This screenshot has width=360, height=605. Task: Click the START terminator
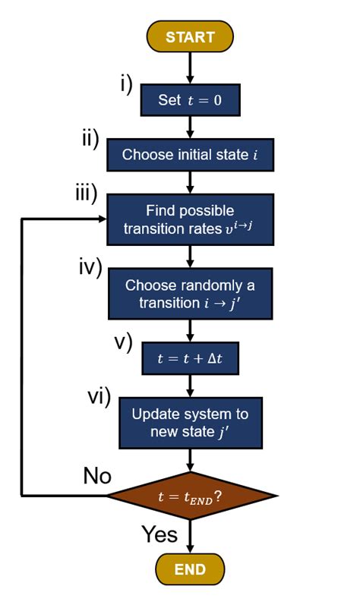[191, 36]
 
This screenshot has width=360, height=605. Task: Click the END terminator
[191, 568]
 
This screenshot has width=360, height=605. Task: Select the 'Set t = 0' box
[190, 99]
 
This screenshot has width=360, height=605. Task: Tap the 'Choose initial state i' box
[190, 155]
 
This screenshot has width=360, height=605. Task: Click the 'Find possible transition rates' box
[190, 219]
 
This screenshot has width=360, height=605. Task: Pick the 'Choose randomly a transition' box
[190, 295]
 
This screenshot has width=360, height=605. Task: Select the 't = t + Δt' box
[190, 360]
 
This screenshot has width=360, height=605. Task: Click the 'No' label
[96, 476]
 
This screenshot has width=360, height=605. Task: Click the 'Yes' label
[159, 534]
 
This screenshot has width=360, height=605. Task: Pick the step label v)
[123, 342]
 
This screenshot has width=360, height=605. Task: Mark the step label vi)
[97, 395]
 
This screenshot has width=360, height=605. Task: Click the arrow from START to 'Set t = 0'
[191, 67]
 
